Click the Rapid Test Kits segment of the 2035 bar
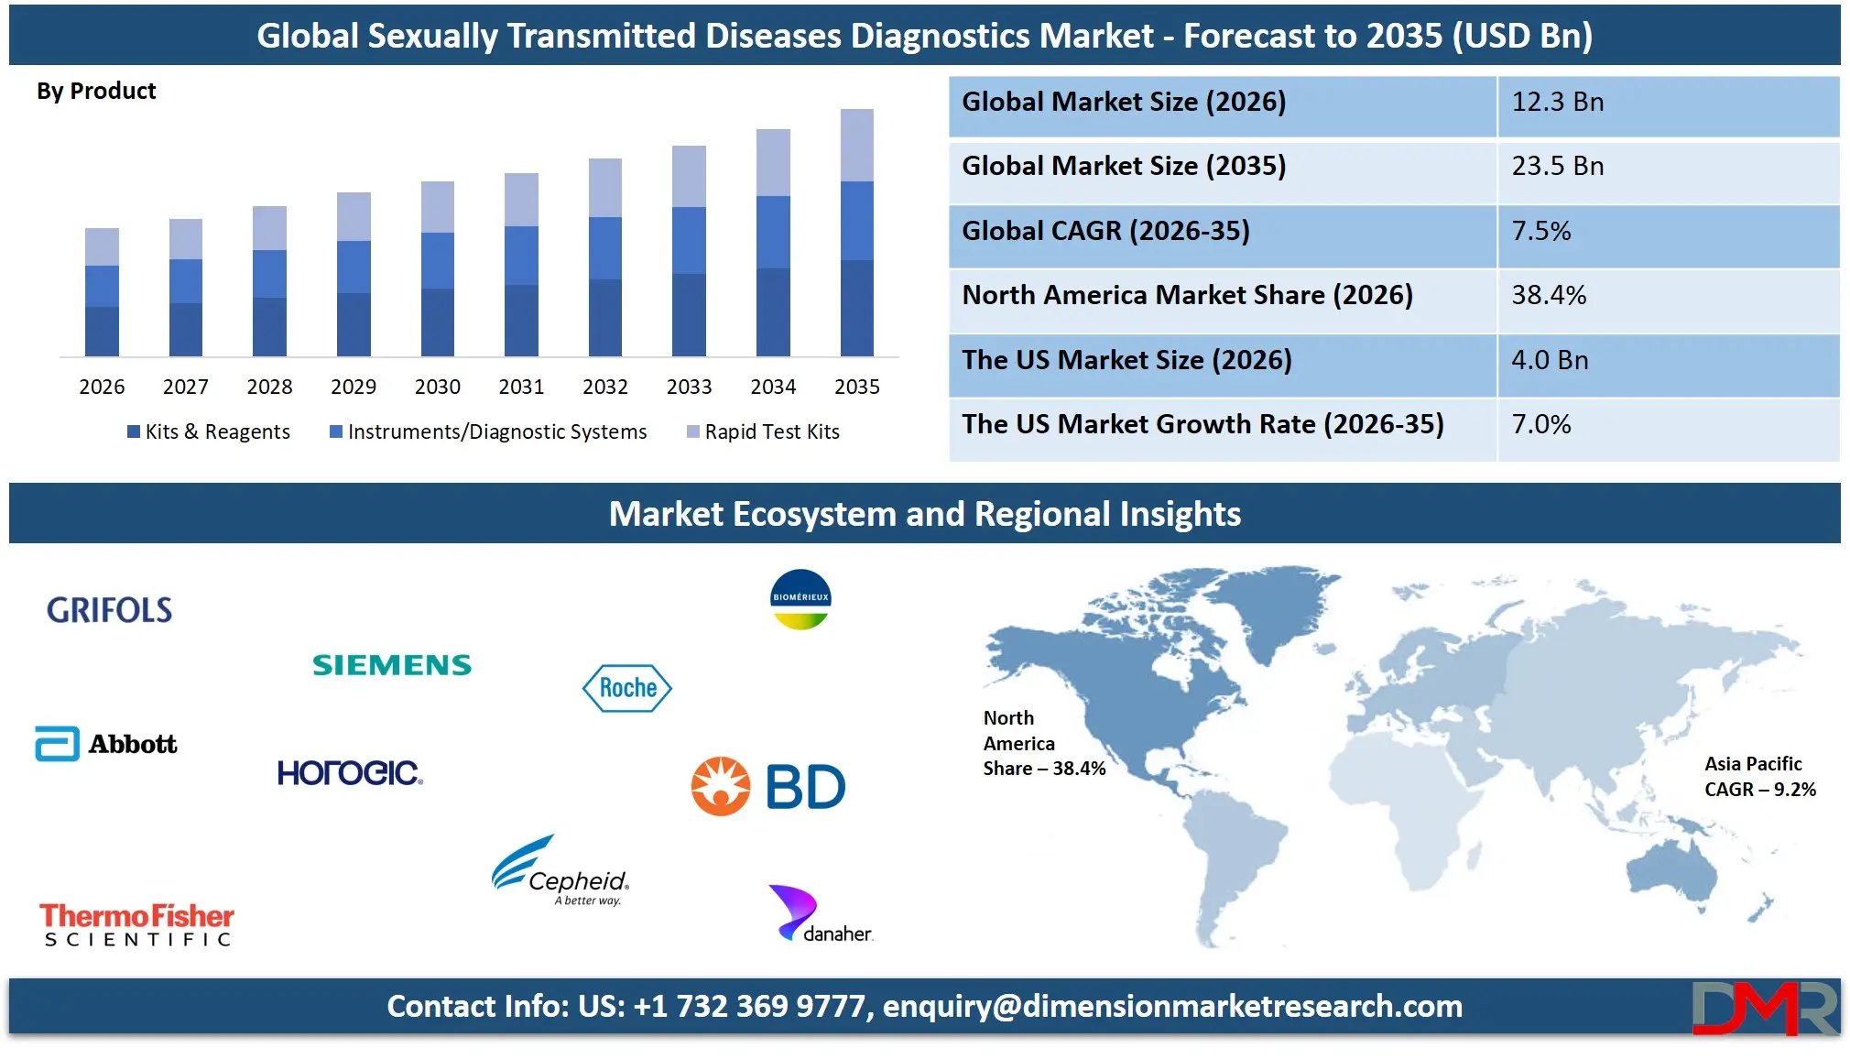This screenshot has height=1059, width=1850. click(x=856, y=145)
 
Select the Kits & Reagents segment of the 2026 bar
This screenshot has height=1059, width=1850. click(x=102, y=331)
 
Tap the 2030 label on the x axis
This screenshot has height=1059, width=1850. click(x=437, y=387)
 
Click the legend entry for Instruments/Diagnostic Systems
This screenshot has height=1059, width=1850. click(x=488, y=431)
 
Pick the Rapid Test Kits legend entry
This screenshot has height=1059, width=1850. click(x=763, y=431)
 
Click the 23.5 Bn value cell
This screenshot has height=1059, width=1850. click(x=1557, y=167)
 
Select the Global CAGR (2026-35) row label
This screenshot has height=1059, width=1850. click(x=1105, y=231)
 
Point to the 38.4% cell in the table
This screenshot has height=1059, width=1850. click(x=1548, y=295)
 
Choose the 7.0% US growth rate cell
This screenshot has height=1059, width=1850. click(x=1540, y=424)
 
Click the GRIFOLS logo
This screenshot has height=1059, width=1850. click(x=109, y=610)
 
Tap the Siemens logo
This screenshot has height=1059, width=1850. click(x=391, y=665)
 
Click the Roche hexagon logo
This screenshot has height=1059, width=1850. click(x=627, y=688)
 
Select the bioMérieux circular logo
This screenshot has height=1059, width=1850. click(x=800, y=599)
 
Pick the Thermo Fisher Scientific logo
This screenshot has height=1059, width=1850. click(x=136, y=923)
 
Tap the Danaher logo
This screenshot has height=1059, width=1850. click(x=820, y=915)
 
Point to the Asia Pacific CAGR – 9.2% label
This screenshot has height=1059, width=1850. click(x=1758, y=777)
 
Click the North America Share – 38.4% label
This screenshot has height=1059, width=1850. click(x=1043, y=743)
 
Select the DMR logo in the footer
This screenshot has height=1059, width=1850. click(x=1764, y=1007)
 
